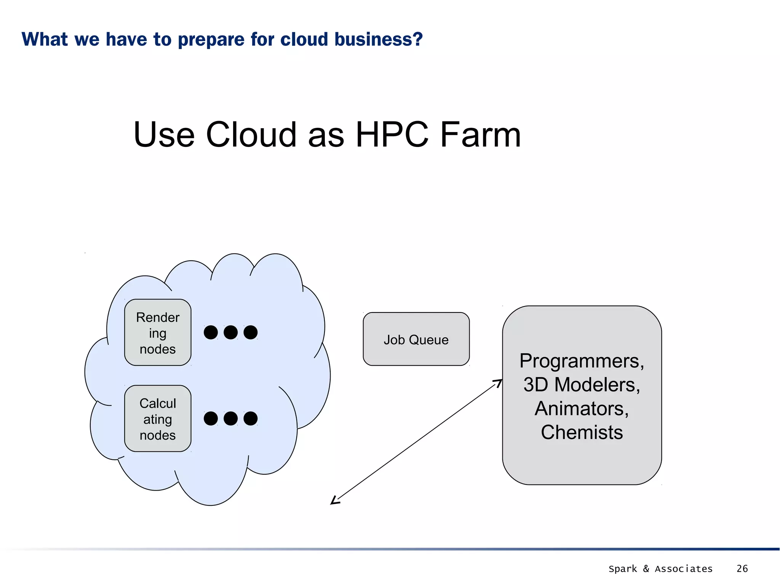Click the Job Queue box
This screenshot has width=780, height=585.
[x=416, y=339]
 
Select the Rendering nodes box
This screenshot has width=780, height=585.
[x=158, y=333]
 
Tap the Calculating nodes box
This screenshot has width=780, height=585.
[x=158, y=419]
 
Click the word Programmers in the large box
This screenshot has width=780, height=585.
[x=581, y=361]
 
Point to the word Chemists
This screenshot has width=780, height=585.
[x=582, y=432]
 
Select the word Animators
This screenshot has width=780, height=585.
[x=581, y=409]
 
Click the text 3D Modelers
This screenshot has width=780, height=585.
[x=581, y=385]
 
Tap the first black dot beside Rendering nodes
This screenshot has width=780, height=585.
[x=211, y=332]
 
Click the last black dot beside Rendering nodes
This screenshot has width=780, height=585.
[x=251, y=332]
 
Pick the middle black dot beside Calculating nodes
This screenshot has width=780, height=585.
[x=230, y=418]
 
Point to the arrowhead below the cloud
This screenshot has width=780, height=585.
[x=335, y=501]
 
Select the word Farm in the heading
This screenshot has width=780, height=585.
[x=480, y=135]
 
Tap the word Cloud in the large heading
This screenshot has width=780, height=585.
[x=251, y=135]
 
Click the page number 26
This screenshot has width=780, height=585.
[x=742, y=569]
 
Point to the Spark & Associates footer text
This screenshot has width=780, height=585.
[x=660, y=569]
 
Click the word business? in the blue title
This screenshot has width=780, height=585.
[x=379, y=40]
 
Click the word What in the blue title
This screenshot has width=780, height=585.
[x=45, y=40]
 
